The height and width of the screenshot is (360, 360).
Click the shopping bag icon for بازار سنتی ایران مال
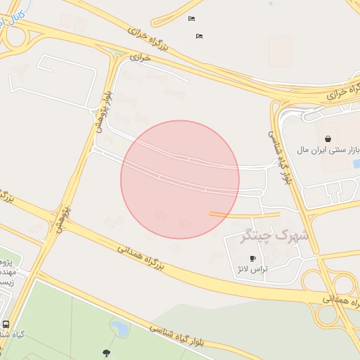tap(328, 138)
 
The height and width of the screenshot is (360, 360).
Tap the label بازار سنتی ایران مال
tap(328, 150)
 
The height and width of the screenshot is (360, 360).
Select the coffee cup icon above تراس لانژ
tap(253, 259)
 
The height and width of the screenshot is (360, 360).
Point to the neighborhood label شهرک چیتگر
tap(275, 236)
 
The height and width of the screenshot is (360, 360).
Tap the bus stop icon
tap(6, 325)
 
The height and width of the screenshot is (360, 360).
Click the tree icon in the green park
tap(106, 352)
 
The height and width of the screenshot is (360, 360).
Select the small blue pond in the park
tap(118, 326)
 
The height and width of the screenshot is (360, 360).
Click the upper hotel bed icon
tap(191, 19)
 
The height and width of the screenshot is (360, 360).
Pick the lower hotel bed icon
tap(199, 36)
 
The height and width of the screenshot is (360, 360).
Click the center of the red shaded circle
tap(180, 179)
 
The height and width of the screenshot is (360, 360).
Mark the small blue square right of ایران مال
tap(356, 163)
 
